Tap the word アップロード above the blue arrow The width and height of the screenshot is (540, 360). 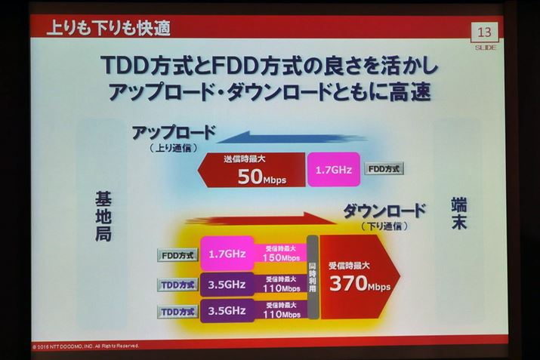[174, 133]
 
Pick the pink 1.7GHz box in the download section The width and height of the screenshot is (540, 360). [226, 254]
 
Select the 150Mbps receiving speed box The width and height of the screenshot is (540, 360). [280, 254]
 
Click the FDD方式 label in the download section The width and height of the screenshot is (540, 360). [179, 255]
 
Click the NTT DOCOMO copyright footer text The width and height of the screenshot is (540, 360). [87, 346]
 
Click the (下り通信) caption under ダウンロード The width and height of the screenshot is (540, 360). [384, 226]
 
